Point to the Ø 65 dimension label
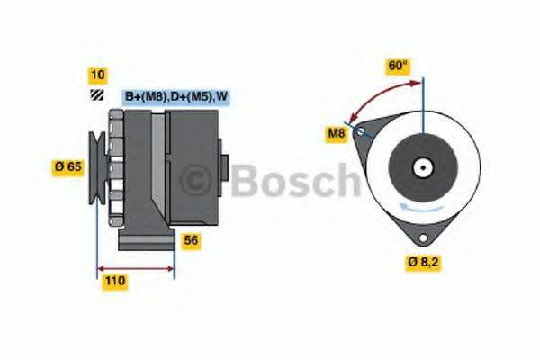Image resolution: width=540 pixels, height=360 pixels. (x=68, y=166)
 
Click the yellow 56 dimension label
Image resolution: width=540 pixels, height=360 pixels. (x=191, y=240)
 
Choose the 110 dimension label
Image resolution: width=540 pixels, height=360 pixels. (x=114, y=281)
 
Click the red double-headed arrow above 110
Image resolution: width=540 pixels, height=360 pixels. (x=134, y=267)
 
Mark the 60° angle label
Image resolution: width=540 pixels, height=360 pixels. (x=397, y=65)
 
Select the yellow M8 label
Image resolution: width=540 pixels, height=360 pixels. (x=336, y=134)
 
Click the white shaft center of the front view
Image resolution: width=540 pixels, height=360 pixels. (x=421, y=167)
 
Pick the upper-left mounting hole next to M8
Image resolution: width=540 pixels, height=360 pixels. (x=362, y=131)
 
